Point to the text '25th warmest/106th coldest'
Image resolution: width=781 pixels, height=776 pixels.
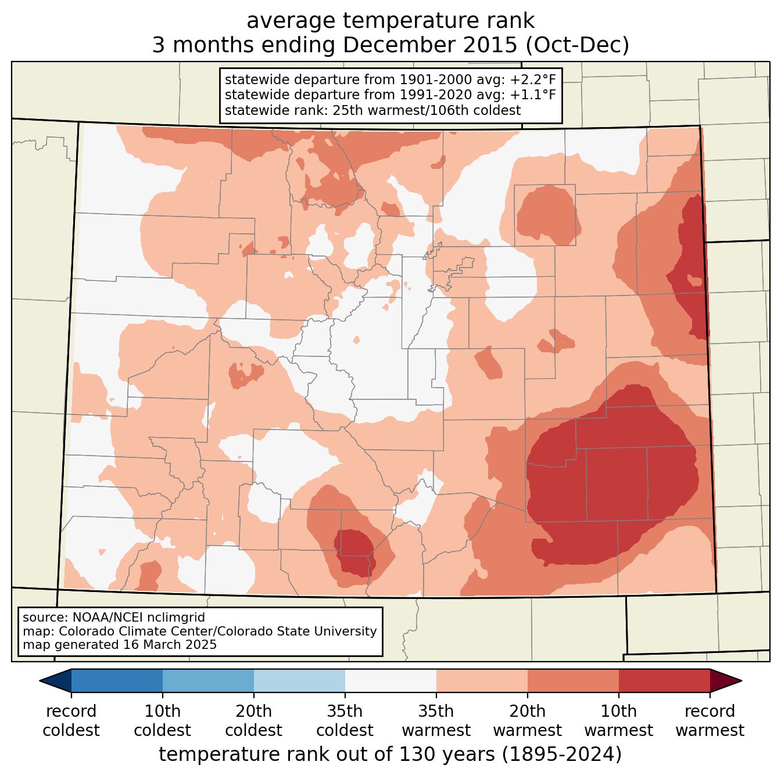[427, 110]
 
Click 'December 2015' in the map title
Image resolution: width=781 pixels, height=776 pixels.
[430, 45]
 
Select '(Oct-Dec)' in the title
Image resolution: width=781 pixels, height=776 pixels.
[577, 45]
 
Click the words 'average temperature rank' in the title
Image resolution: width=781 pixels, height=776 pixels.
[390, 21]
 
